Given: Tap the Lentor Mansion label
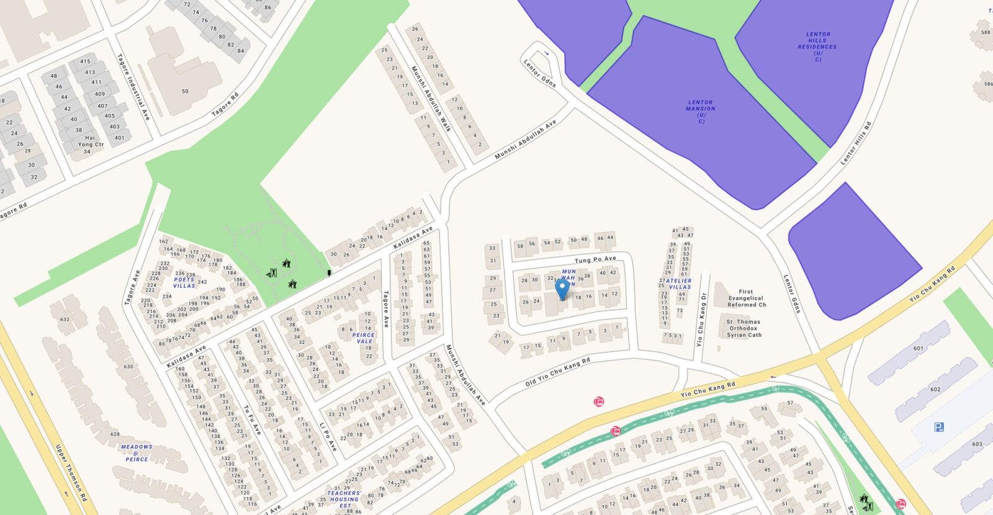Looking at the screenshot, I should coord(701,111).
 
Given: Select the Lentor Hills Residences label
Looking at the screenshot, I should coord(817,47).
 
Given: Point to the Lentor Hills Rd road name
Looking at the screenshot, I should coord(856,143).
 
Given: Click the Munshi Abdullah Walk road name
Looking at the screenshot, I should coord(431,99).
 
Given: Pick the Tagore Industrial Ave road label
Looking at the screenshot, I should coord(133,87).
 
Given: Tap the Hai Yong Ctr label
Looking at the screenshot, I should coord(91,145).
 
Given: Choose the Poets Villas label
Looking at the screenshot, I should coord(184,282).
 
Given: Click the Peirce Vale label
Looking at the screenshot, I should coord(364,338).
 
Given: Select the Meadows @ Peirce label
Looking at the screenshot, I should coord(137,453).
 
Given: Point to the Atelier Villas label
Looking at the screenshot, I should coord(678,284).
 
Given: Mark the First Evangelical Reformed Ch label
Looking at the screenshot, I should coord(747,298).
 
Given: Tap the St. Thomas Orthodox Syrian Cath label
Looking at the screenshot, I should coord(744,328).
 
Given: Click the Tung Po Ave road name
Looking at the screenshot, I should coord(595,259).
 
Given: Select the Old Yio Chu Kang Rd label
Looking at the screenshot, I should coord(557,372).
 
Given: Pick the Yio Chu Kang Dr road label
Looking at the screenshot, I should coord(703,320).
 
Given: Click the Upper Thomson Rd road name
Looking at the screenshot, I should coord(71,473).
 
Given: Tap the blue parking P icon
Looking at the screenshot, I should coord(939,427).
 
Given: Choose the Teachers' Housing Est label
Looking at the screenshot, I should coord(344,499).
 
